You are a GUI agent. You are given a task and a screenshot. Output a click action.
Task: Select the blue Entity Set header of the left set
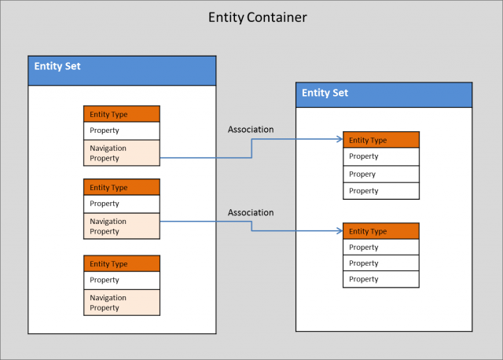(x=122, y=71)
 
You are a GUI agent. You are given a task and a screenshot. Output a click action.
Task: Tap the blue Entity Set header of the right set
(x=384, y=94)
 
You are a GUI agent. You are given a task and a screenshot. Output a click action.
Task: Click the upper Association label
(x=251, y=129)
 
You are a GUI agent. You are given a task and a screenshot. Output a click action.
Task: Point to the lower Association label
(x=251, y=212)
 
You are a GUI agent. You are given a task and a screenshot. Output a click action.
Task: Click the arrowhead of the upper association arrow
(x=340, y=140)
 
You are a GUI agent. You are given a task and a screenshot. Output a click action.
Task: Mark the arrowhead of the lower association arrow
(x=340, y=231)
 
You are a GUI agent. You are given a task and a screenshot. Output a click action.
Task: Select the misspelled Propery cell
(x=381, y=174)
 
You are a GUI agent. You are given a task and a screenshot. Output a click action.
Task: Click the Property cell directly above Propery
(x=381, y=156)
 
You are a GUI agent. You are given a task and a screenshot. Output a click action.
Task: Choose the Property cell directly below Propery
(x=381, y=190)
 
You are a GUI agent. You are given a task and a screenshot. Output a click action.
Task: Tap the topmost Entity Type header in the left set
(x=122, y=114)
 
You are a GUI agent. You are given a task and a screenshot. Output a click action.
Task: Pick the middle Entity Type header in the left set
(x=122, y=187)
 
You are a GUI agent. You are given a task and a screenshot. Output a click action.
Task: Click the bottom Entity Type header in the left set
(x=122, y=263)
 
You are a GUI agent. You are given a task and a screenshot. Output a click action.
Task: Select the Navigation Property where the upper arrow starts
(x=122, y=152)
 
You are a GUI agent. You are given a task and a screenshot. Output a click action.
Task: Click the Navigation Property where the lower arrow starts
(x=122, y=226)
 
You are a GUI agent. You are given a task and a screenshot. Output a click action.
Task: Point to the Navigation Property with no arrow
(x=122, y=303)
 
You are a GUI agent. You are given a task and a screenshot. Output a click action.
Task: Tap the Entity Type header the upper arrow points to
(x=381, y=140)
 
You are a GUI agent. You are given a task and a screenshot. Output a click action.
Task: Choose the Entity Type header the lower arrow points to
(x=381, y=231)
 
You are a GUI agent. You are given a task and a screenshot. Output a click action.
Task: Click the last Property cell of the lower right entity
(x=381, y=279)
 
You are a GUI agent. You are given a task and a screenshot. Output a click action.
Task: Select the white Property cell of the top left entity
(x=122, y=130)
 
